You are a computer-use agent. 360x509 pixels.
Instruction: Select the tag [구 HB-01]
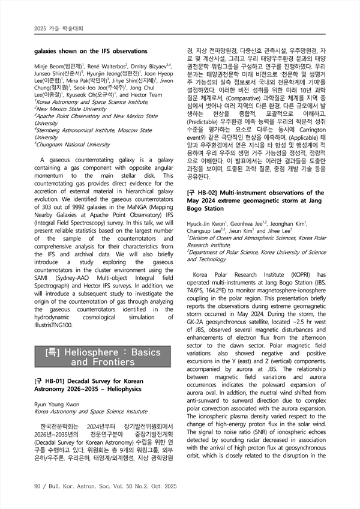[49, 381]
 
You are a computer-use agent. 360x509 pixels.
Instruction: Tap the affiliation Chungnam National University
[74, 144]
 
